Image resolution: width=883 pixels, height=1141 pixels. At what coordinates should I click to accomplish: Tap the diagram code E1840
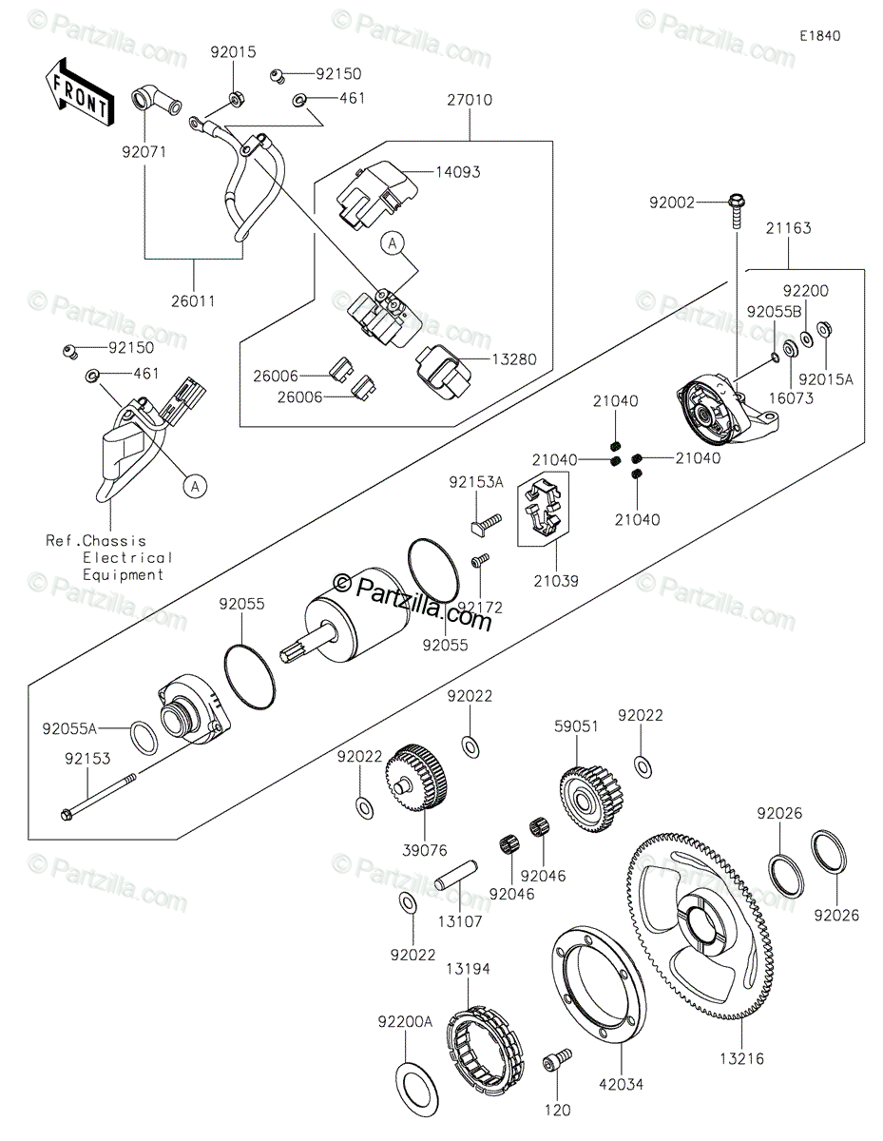pyautogui.click(x=820, y=36)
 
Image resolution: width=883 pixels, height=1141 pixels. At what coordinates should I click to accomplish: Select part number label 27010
pyautogui.click(x=470, y=100)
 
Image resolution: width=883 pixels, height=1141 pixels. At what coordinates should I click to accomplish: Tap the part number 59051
pyautogui.click(x=577, y=726)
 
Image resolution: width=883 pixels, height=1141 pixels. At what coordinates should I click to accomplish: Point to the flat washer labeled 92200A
pyautogui.click(x=417, y=1092)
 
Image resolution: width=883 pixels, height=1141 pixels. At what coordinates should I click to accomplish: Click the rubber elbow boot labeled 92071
pyautogui.click(x=156, y=103)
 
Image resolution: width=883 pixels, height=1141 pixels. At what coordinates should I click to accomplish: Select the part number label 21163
pyautogui.click(x=788, y=228)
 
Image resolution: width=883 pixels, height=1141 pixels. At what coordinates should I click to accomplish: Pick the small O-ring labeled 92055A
pyautogui.click(x=144, y=738)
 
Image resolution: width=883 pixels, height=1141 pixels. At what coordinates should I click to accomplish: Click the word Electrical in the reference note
pyautogui.click(x=127, y=557)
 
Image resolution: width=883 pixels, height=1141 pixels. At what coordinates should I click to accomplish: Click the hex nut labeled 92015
pyautogui.click(x=236, y=98)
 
